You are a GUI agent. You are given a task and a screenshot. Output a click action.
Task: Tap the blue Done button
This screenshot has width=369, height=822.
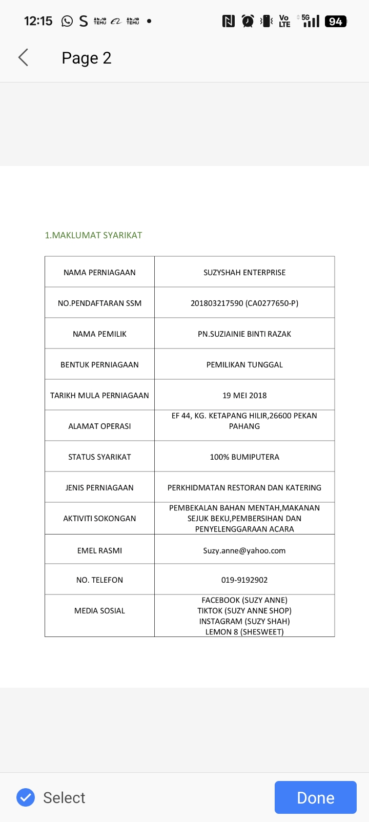pyautogui.click(x=315, y=797)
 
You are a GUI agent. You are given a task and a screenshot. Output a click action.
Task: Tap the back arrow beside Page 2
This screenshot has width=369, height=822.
pyautogui.click(x=23, y=57)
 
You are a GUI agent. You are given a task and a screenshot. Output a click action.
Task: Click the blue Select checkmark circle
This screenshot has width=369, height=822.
pyautogui.click(x=26, y=797)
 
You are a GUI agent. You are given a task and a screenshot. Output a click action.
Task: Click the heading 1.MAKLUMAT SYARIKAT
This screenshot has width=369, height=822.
pyautogui.click(x=93, y=235)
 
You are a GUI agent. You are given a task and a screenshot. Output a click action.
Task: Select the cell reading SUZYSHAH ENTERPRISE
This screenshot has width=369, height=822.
pyautogui.click(x=244, y=272)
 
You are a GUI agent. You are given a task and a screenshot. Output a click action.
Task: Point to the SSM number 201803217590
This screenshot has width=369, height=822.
pyautogui.click(x=217, y=303)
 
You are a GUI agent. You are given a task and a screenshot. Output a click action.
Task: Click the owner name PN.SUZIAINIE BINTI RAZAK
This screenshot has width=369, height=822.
pyautogui.click(x=244, y=334)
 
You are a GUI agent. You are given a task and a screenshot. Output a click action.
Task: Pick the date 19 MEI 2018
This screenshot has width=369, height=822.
pyautogui.click(x=244, y=395)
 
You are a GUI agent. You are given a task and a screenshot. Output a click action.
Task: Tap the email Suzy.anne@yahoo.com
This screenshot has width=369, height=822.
pyautogui.click(x=244, y=550)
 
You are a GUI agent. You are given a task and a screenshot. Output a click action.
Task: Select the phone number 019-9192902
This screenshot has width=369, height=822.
pyautogui.click(x=244, y=580)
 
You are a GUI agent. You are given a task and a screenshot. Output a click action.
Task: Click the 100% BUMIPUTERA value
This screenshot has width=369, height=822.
pyautogui.click(x=244, y=457)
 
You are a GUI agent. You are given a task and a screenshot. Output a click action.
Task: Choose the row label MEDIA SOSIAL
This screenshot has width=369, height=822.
pyautogui.click(x=99, y=610)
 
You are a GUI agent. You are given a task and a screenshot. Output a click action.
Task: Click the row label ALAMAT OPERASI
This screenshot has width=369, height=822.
pyautogui.click(x=99, y=426)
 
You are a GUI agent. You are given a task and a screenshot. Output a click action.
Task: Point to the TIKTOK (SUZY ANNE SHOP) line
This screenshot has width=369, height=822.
pyautogui.click(x=244, y=610)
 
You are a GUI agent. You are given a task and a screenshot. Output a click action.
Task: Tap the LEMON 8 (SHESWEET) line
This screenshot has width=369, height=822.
pyautogui.click(x=244, y=632)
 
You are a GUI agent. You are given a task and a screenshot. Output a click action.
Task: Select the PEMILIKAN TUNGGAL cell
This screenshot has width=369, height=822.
pyautogui.click(x=244, y=364)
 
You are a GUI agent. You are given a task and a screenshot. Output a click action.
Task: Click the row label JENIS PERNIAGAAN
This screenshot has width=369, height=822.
pyautogui.click(x=99, y=487)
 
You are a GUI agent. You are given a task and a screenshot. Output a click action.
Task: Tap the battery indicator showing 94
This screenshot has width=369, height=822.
pyautogui.click(x=336, y=21)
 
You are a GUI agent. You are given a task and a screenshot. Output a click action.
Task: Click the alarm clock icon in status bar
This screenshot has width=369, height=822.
pyautogui.click(x=248, y=21)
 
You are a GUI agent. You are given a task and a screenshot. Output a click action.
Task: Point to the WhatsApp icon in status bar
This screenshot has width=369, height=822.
pyautogui.click(x=67, y=21)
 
